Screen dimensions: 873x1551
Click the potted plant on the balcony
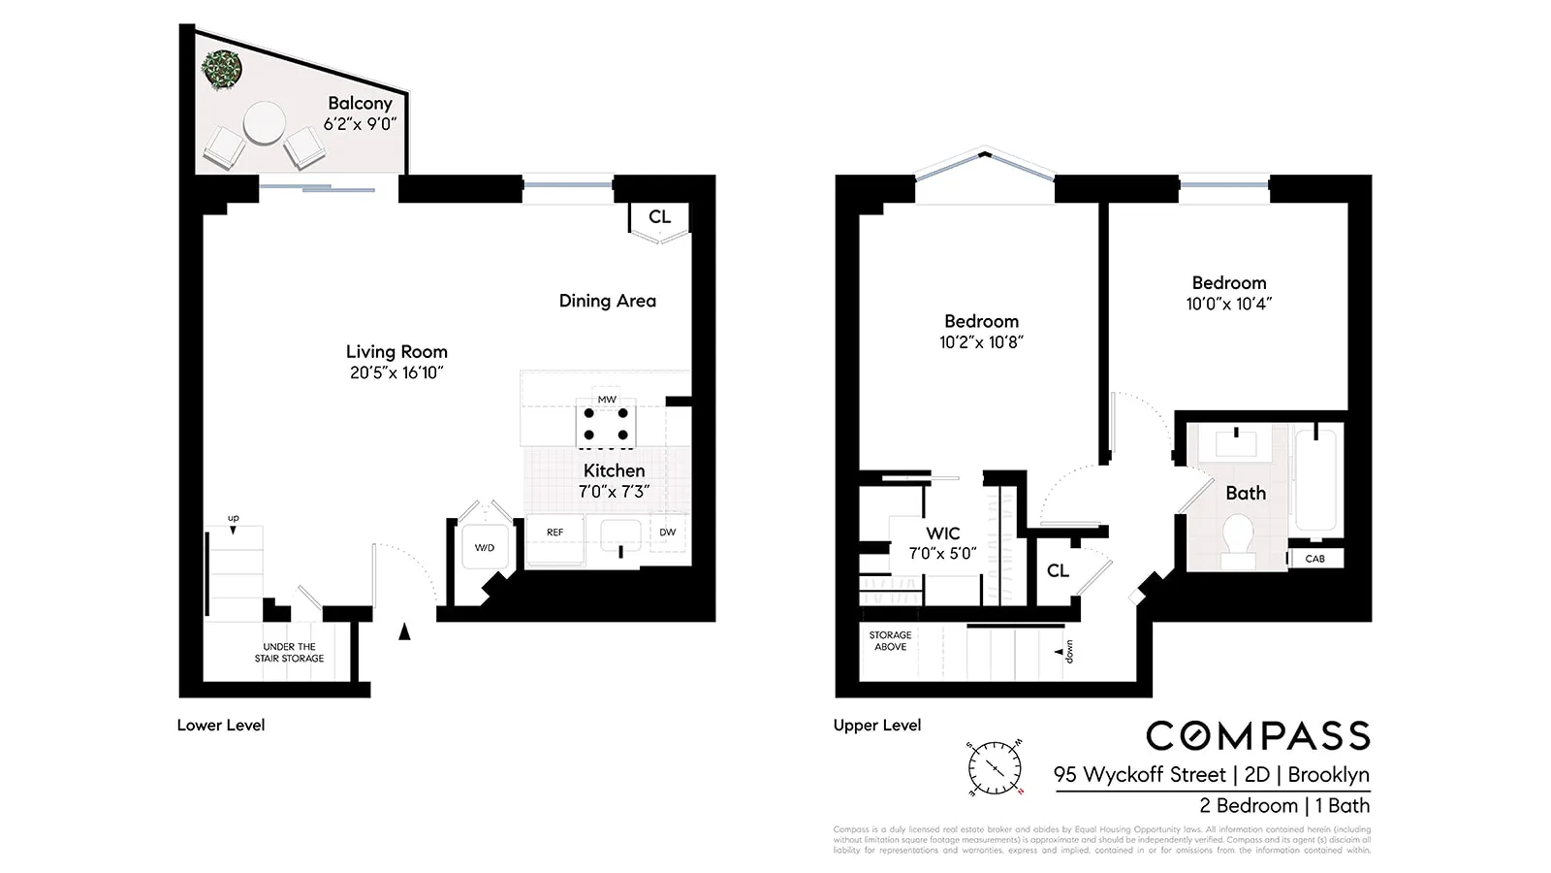coord(222,70)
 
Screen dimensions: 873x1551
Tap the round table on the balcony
coord(264,124)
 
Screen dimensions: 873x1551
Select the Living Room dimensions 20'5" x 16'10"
coord(396,372)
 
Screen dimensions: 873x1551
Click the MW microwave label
coord(607,400)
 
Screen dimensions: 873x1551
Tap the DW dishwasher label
coord(668,533)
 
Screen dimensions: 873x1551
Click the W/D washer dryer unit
coord(484,548)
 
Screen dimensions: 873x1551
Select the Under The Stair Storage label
coord(289,653)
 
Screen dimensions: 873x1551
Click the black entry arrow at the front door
coord(405,631)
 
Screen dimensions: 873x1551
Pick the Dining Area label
coord(607,301)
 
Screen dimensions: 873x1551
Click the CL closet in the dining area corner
coord(659,217)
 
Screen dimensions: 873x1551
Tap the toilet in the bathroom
coord(1238,539)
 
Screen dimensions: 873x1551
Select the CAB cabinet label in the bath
coord(1314,559)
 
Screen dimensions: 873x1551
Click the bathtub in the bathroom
coord(1316,481)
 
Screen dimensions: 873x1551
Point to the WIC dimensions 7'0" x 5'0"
coord(942,554)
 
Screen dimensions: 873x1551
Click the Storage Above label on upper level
coord(890,641)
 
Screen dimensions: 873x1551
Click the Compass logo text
coord(1258,736)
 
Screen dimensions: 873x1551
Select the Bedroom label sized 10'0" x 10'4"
coord(1228,293)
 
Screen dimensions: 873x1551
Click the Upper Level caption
coord(877,726)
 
